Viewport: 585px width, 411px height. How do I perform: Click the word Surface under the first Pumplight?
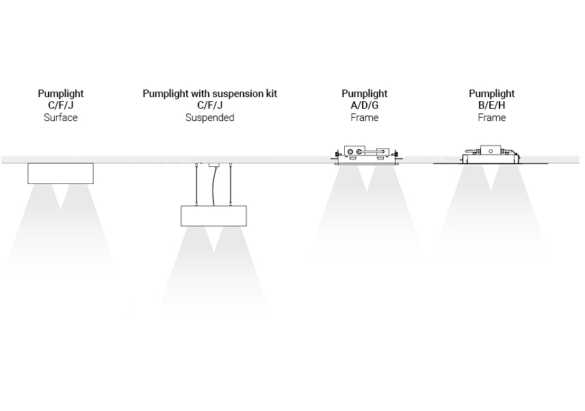(x=61, y=118)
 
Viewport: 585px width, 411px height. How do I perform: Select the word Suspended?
(x=209, y=118)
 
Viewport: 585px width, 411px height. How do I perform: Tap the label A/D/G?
(x=365, y=105)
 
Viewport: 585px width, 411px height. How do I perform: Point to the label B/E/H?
(x=491, y=105)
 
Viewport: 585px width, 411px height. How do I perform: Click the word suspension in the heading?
(x=236, y=93)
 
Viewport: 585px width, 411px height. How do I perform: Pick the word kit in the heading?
(x=270, y=93)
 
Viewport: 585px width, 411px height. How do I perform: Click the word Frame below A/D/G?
(x=365, y=118)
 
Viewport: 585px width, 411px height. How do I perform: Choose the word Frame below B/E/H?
(x=491, y=118)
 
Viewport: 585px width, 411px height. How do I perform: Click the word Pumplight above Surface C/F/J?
(x=61, y=93)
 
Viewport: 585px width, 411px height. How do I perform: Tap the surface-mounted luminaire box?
(x=61, y=173)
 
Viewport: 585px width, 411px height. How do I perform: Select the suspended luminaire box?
(x=214, y=215)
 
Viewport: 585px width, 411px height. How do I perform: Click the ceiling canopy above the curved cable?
(x=214, y=164)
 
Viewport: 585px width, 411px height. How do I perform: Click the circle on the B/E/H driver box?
(x=491, y=150)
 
